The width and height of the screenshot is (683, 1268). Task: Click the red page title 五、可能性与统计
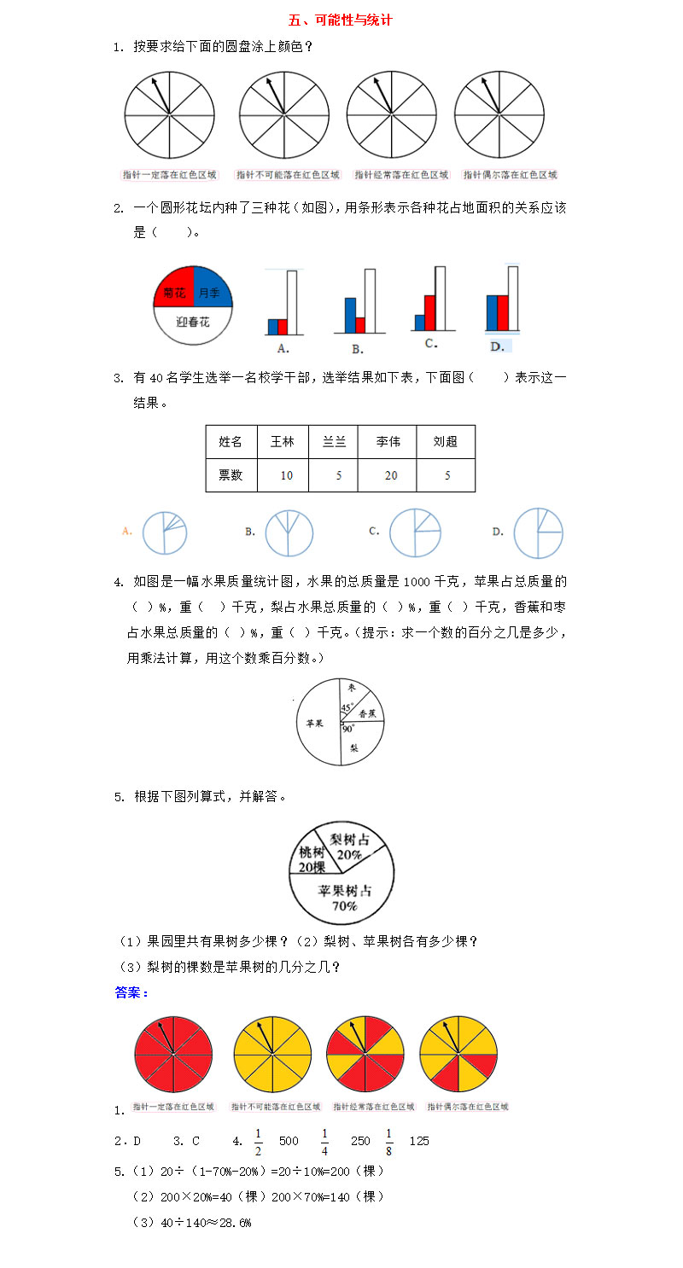340,20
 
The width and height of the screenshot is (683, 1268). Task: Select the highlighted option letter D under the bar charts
497,346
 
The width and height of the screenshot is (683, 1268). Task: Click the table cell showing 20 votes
390,475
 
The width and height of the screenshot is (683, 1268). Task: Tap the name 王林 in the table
282,442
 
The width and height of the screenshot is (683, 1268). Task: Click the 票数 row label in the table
231,475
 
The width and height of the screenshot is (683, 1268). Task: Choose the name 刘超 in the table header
445,442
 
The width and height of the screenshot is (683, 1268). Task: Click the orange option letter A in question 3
127,531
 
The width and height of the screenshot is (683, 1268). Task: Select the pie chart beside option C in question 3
415,533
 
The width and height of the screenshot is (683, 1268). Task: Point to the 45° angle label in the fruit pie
347,708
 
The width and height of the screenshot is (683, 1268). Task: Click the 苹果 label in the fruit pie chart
313,723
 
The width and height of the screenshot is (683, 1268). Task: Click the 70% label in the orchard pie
344,906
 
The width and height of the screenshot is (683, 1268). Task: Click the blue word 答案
131,992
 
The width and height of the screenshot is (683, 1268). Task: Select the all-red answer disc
173,1055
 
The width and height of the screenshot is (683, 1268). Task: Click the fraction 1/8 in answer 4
388,1140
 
